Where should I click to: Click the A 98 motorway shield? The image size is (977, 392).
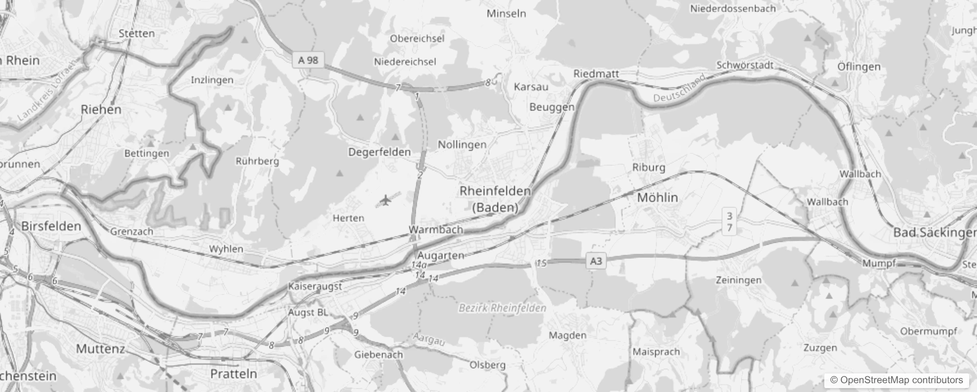308,60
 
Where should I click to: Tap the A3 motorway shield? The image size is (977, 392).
596,261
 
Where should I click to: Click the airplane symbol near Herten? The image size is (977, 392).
386,200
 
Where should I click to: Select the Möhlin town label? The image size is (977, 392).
657,197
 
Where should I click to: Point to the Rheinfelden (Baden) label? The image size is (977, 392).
495,199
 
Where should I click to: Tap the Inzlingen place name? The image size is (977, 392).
212,80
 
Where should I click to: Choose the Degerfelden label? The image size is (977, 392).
379,152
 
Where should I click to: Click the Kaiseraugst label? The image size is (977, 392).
315,286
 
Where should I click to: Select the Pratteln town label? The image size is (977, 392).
233,373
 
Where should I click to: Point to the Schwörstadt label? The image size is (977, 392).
745,65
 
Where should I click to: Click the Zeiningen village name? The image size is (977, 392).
739,280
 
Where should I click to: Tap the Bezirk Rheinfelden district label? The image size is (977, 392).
502,308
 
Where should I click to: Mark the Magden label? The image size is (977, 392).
567,336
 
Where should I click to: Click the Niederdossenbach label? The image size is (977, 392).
733,8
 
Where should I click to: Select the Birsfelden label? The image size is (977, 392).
51,226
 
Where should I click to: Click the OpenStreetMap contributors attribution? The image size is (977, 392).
897,380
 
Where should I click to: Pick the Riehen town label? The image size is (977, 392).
101,109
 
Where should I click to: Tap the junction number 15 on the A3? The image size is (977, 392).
541,264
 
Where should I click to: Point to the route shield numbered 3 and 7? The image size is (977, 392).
729,221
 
